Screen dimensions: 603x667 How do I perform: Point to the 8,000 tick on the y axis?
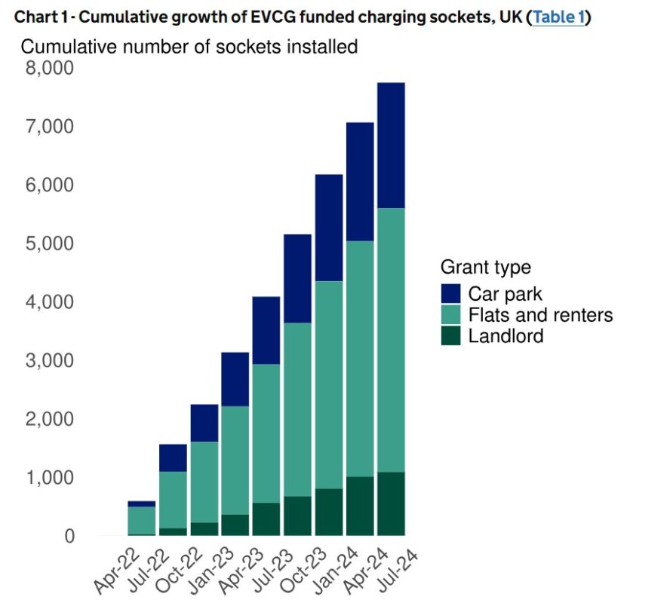pos(49,69)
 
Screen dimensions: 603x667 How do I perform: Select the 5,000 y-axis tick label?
pos(49,244)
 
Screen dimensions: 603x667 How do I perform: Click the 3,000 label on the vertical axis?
pos(49,361)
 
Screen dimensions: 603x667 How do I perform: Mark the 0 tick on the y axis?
pos(69,537)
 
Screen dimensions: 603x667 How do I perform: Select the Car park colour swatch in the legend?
pos(451,294)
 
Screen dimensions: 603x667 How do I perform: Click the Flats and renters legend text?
pos(540,315)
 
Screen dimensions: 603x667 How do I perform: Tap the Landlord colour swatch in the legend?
pos(451,336)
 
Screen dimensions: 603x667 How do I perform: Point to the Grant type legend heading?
pos(485,267)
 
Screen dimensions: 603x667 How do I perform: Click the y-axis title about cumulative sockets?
pos(189,47)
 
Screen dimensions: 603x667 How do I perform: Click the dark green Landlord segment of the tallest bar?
pos(392,504)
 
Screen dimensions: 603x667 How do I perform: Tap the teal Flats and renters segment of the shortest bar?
pos(142,520)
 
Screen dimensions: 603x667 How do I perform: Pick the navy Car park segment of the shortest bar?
pos(142,504)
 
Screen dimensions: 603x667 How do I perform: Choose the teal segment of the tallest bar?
pos(392,339)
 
